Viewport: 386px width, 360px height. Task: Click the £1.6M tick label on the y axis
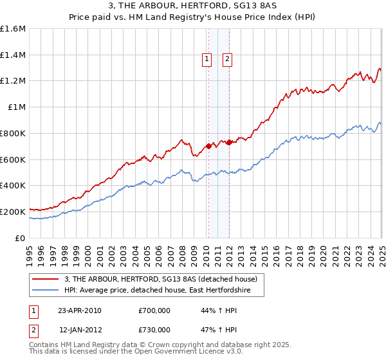tap(13, 29)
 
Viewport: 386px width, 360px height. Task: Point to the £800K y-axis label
tap(13, 133)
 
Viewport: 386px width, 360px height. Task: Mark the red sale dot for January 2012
tap(228, 142)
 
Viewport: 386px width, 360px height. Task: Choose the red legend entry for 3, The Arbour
tap(161, 279)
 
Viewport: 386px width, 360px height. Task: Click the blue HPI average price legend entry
tap(164, 291)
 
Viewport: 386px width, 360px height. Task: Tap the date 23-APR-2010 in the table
tap(80, 310)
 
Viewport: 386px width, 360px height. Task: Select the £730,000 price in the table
tap(154, 330)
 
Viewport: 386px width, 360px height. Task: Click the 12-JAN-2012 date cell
tap(80, 330)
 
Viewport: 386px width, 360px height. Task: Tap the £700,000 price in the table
tap(154, 310)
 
